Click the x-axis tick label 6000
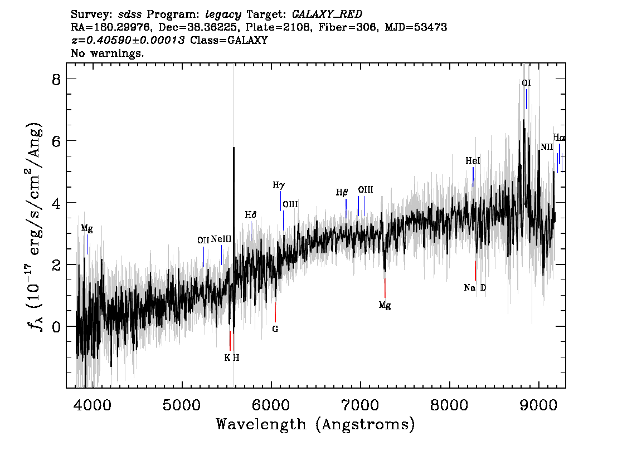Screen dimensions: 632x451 pos(271,405)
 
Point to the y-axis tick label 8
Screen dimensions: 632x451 pos(56,80)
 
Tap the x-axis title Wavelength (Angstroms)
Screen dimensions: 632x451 pos(315,424)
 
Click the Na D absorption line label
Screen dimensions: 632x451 pos(475,287)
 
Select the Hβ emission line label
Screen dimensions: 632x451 pos(342,193)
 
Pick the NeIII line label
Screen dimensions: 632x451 pos(221,239)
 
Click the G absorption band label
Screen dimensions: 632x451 pos(275,329)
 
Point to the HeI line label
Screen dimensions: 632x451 pos(473,161)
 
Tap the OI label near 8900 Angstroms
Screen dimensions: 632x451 pos(526,83)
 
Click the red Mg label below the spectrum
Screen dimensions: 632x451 pos(385,306)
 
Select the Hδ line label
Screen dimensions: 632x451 pos(250,214)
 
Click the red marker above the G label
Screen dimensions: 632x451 pos(275,312)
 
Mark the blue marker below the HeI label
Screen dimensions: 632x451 pos(473,177)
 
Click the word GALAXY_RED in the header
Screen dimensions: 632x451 pos(327,14)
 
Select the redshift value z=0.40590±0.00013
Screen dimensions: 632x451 pos(128,40)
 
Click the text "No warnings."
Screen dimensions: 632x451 pos(107,53)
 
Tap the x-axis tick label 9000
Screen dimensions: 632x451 pos(538,405)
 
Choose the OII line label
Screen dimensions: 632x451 pos(203,241)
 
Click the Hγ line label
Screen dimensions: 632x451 pos(279,185)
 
